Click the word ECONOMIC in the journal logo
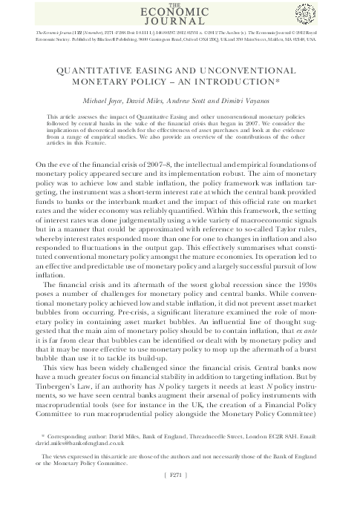click(180, 13)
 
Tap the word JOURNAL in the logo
click(180, 23)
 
